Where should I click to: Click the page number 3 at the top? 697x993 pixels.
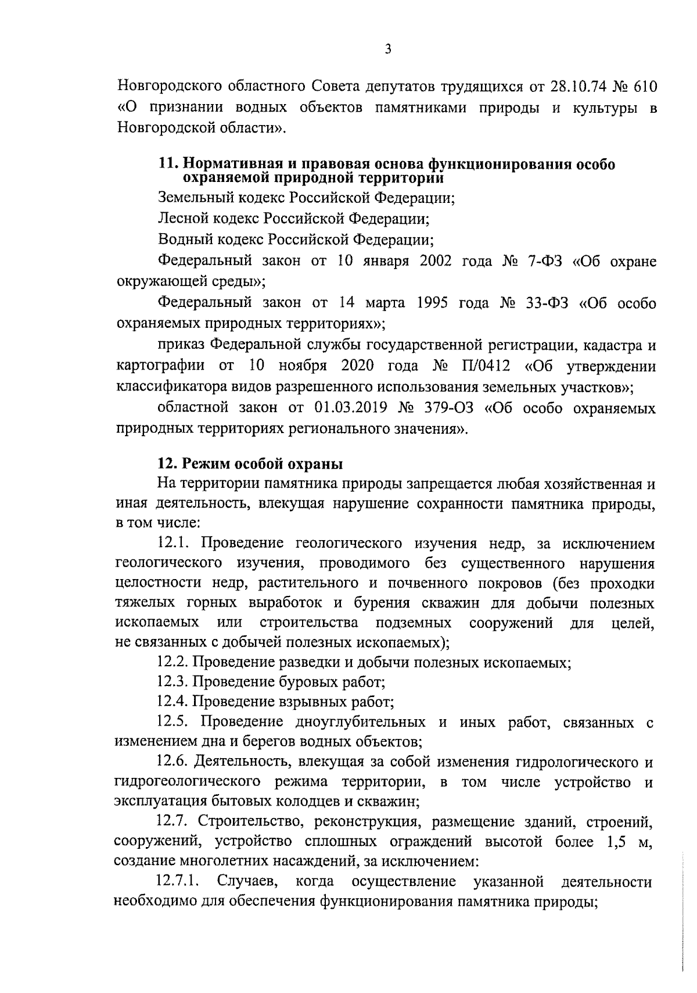pyautogui.click(x=388, y=49)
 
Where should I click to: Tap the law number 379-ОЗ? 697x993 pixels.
pyautogui.click(x=446, y=409)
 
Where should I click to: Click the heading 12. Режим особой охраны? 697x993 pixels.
pyautogui.click(x=250, y=464)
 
